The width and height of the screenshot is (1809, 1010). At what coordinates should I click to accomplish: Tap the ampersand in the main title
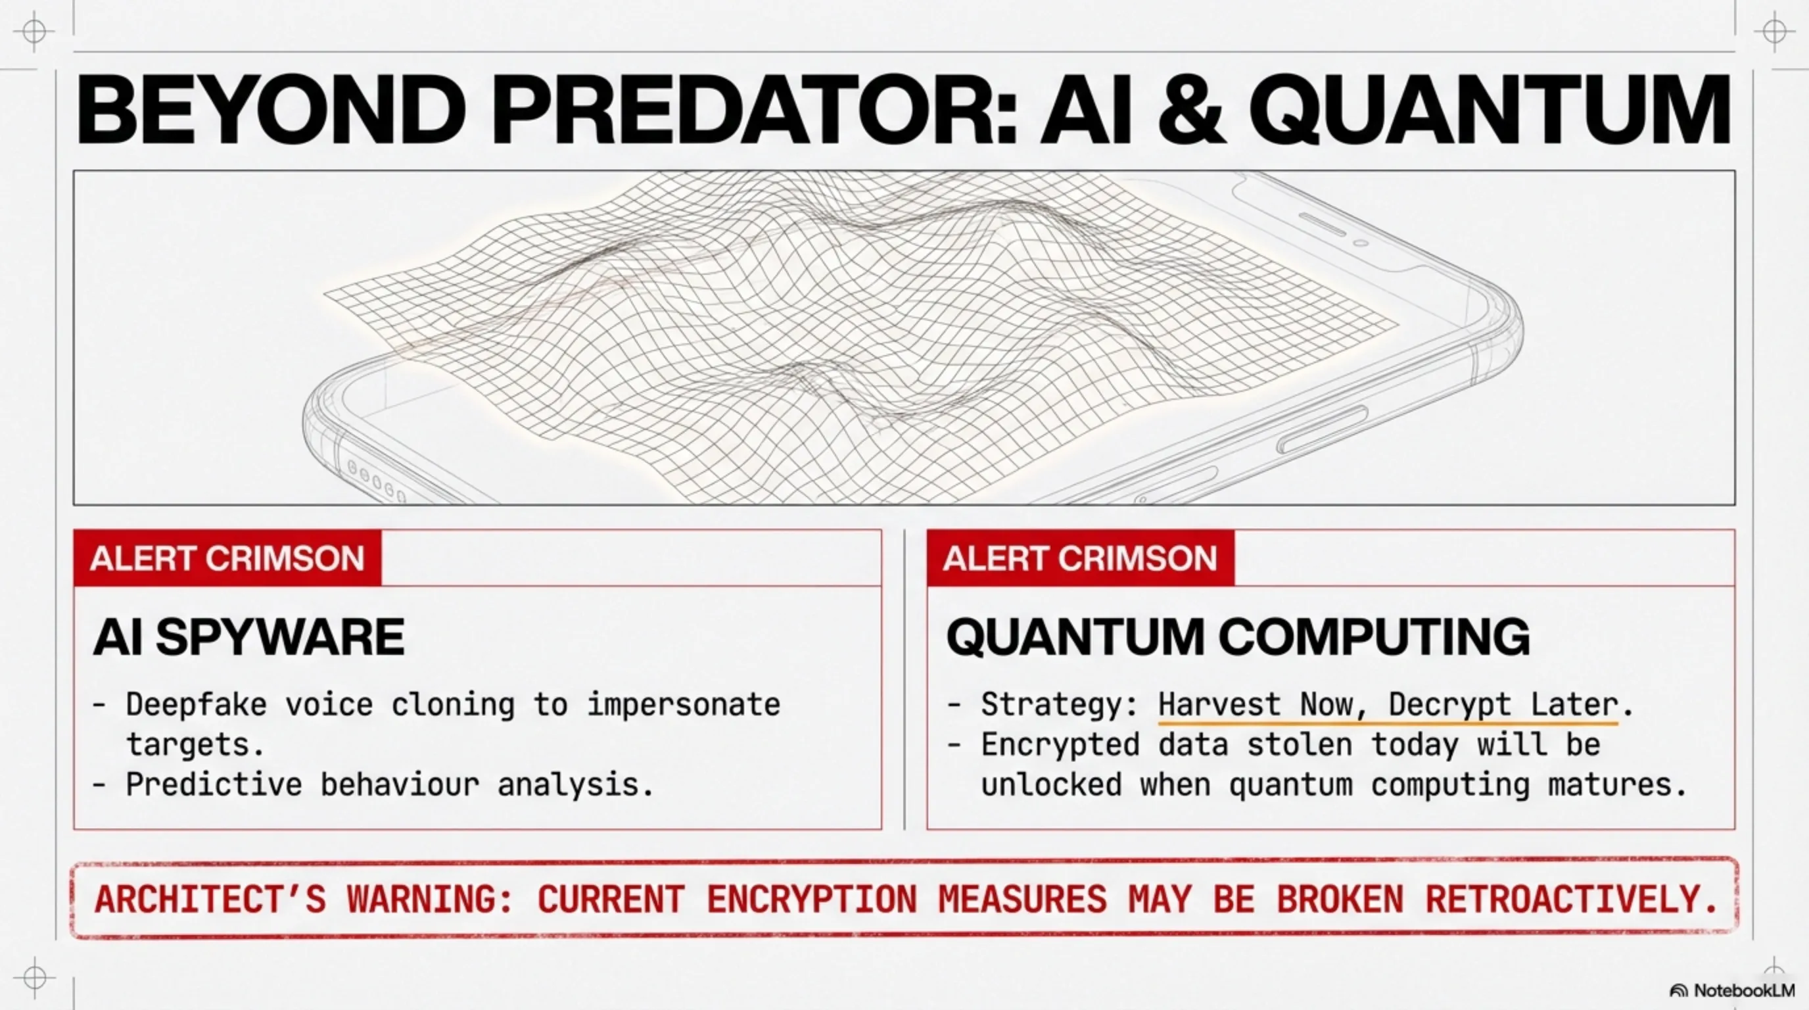tap(1192, 110)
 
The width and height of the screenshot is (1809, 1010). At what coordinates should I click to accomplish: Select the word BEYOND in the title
tap(271, 110)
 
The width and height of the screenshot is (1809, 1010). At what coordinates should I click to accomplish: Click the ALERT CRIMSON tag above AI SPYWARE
tap(227, 558)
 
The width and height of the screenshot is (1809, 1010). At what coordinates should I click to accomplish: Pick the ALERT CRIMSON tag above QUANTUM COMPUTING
tap(1080, 558)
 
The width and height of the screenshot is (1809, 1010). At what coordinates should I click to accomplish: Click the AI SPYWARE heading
tap(248, 637)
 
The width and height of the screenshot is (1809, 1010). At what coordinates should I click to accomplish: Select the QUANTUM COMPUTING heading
tap(1237, 637)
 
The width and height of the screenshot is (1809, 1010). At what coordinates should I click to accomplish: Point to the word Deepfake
tap(197, 704)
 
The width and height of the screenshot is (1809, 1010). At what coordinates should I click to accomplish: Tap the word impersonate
tap(683, 704)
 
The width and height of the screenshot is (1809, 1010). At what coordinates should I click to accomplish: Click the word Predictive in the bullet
tap(214, 784)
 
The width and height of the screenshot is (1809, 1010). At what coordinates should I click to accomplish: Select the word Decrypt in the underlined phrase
tap(1450, 704)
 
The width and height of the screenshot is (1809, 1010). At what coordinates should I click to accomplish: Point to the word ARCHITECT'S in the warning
tap(210, 900)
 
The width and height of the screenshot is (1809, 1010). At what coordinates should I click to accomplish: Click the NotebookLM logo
tap(1731, 990)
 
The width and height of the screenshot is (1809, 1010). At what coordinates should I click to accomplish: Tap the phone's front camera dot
tap(1360, 243)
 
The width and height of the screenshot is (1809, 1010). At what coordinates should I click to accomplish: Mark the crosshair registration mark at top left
tap(34, 31)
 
